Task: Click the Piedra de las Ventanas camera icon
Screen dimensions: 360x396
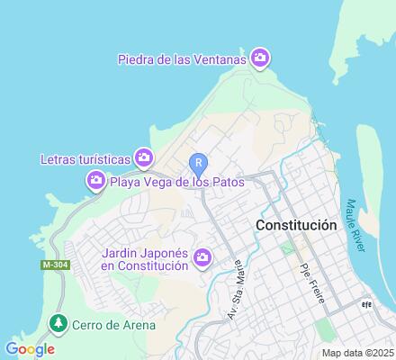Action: pyautogui.click(x=260, y=59)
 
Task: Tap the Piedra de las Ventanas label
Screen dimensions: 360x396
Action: pyautogui.click(x=182, y=60)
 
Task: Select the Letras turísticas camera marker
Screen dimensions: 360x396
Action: pyautogui.click(x=143, y=158)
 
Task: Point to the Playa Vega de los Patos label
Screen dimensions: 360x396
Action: pyautogui.click(x=176, y=182)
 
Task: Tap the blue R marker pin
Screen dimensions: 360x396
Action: pyautogui.click(x=198, y=163)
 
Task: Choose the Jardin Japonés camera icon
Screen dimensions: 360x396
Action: pyautogui.click(x=202, y=258)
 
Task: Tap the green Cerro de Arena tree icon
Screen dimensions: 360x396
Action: pyautogui.click(x=58, y=322)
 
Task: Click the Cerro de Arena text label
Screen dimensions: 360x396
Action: pyautogui.click(x=114, y=325)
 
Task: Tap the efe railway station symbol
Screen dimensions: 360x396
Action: pyautogui.click(x=364, y=303)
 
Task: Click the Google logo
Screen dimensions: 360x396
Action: pyautogui.click(x=30, y=349)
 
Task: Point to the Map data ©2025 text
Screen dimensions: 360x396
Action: pyautogui.click(x=358, y=353)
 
